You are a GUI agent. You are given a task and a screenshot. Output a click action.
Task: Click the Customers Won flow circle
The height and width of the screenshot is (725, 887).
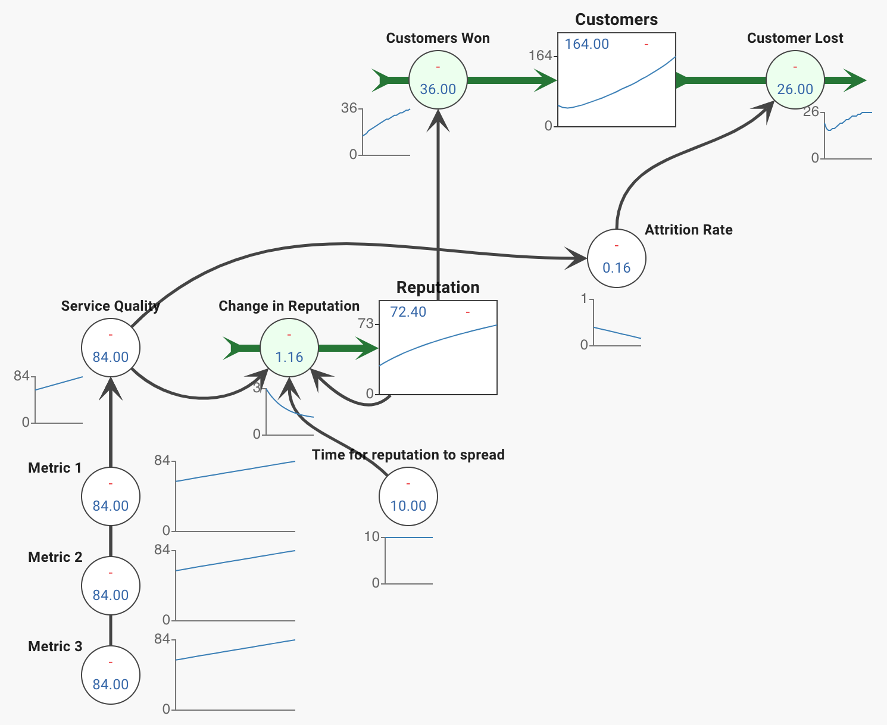pyautogui.click(x=438, y=80)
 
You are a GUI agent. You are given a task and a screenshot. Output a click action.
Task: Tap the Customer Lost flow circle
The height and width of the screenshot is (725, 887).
pyautogui.click(x=795, y=80)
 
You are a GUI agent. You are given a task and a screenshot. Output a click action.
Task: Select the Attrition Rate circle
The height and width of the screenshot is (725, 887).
pyautogui.click(x=617, y=258)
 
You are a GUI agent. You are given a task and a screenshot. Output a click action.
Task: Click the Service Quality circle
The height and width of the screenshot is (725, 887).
pyautogui.click(x=111, y=348)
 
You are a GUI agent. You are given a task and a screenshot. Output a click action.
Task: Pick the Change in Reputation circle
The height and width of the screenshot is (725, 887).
pyautogui.click(x=289, y=348)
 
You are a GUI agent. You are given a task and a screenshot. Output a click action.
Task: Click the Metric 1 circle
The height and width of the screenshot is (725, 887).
pyautogui.click(x=111, y=496)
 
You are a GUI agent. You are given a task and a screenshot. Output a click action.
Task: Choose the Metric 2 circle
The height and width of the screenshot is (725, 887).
pyautogui.click(x=111, y=586)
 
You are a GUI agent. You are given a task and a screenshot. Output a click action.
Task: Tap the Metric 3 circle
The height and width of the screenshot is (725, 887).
pyautogui.click(x=111, y=675)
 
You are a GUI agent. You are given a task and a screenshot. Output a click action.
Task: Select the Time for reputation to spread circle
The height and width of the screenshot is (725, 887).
pyautogui.click(x=408, y=496)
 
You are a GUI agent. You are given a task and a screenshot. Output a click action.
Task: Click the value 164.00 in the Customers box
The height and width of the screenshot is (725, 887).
pyautogui.click(x=587, y=44)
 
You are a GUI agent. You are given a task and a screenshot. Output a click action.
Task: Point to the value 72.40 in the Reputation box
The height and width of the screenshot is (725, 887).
pyautogui.click(x=408, y=312)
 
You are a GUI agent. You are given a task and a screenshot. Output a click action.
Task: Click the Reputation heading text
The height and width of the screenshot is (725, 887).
pyautogui.click(x=438, y=287)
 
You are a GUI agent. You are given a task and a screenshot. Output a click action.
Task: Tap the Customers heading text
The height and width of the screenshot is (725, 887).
pyautogui.click(x=617, y=19)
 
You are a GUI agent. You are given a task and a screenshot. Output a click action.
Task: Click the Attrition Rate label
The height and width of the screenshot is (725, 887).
pyautogui.click(x=689, y=230)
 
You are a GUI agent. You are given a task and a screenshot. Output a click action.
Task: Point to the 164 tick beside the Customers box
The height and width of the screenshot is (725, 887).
pyautogui.click(x=541, y=55)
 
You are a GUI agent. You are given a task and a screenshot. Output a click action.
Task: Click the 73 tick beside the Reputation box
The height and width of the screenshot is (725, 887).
pyautogui.click(x=366, y=323)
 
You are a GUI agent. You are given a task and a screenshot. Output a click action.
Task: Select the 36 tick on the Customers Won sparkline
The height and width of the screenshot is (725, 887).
pyautogui.click(x=349, y=108)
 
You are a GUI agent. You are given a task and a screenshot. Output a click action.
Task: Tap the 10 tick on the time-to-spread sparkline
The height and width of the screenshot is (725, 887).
pyautogui.click(x=372, y=536)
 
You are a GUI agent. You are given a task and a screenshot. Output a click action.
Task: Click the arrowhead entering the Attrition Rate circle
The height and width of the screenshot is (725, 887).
pyautogui.click(x=576, y=258)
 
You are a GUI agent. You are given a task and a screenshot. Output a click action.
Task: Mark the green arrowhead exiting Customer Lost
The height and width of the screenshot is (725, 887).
pyautogui.click(x=855, y=80)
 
